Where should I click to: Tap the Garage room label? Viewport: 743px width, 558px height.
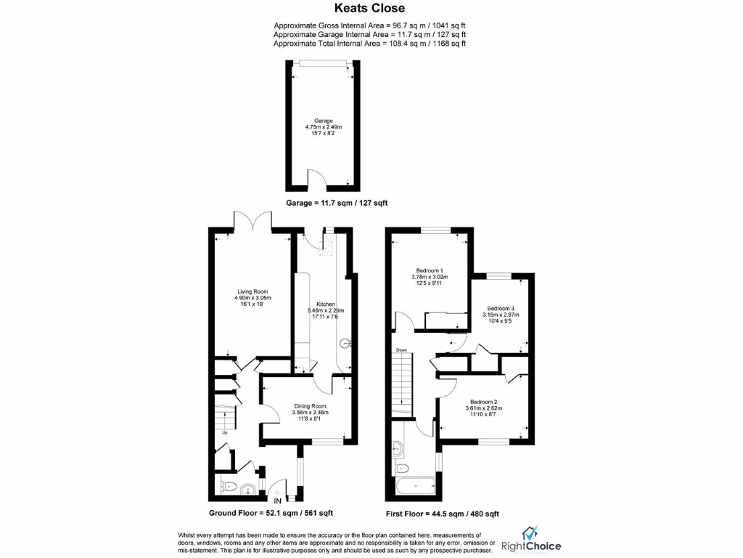coord(324,121)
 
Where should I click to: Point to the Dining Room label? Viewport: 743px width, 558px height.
coord(310,406)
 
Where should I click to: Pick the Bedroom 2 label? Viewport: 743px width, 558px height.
coord(484,402)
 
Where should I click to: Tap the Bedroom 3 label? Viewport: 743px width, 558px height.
coord(501,308)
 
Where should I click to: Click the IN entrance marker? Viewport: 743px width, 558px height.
coord(277,499)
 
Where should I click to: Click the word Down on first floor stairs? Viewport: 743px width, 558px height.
coord(401,350)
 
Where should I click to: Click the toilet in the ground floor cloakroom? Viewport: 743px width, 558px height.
coord(229,488)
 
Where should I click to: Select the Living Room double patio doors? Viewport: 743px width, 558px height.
coord(253,222)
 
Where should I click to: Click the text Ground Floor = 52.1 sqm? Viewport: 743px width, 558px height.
coord(271,513)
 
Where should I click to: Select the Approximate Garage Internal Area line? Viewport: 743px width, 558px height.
coord(369,34)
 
